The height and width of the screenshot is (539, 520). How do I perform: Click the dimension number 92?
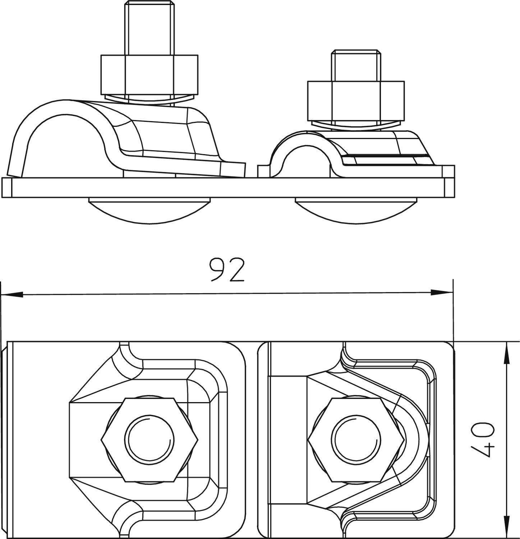coord(227,270)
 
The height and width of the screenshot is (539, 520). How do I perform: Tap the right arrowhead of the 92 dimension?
coord(442,292)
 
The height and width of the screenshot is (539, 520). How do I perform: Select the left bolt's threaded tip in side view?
coord(149,29)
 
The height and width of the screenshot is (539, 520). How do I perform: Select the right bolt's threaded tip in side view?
coord(356,65)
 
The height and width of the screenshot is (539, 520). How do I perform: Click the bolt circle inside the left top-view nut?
coord(149,439)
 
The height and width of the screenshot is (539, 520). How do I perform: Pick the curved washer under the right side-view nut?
coord(356,124)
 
